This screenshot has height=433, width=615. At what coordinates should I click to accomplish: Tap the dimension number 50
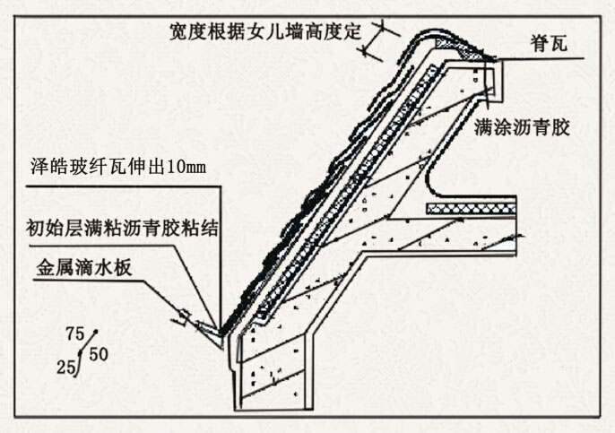coord(99,353)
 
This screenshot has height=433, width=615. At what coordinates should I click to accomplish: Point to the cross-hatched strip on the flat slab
coord(469,208)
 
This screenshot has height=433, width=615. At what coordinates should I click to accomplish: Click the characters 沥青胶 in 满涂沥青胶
coord(541,127)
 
